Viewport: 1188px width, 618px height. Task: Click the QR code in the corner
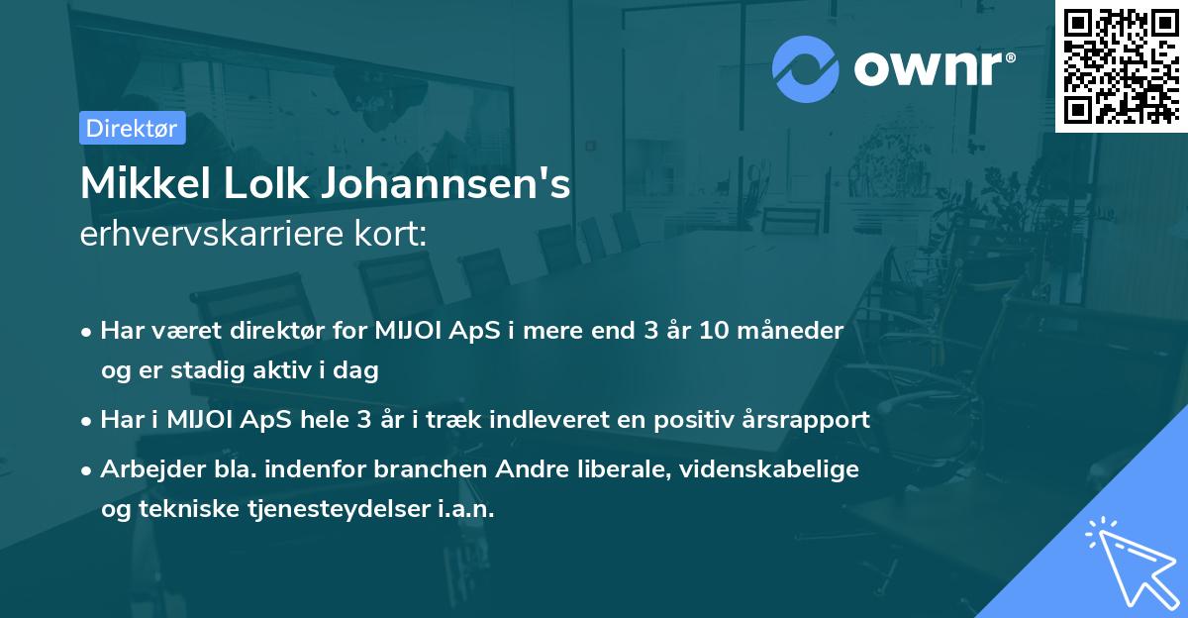(1121, 65)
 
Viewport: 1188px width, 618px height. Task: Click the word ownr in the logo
(933, 68)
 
